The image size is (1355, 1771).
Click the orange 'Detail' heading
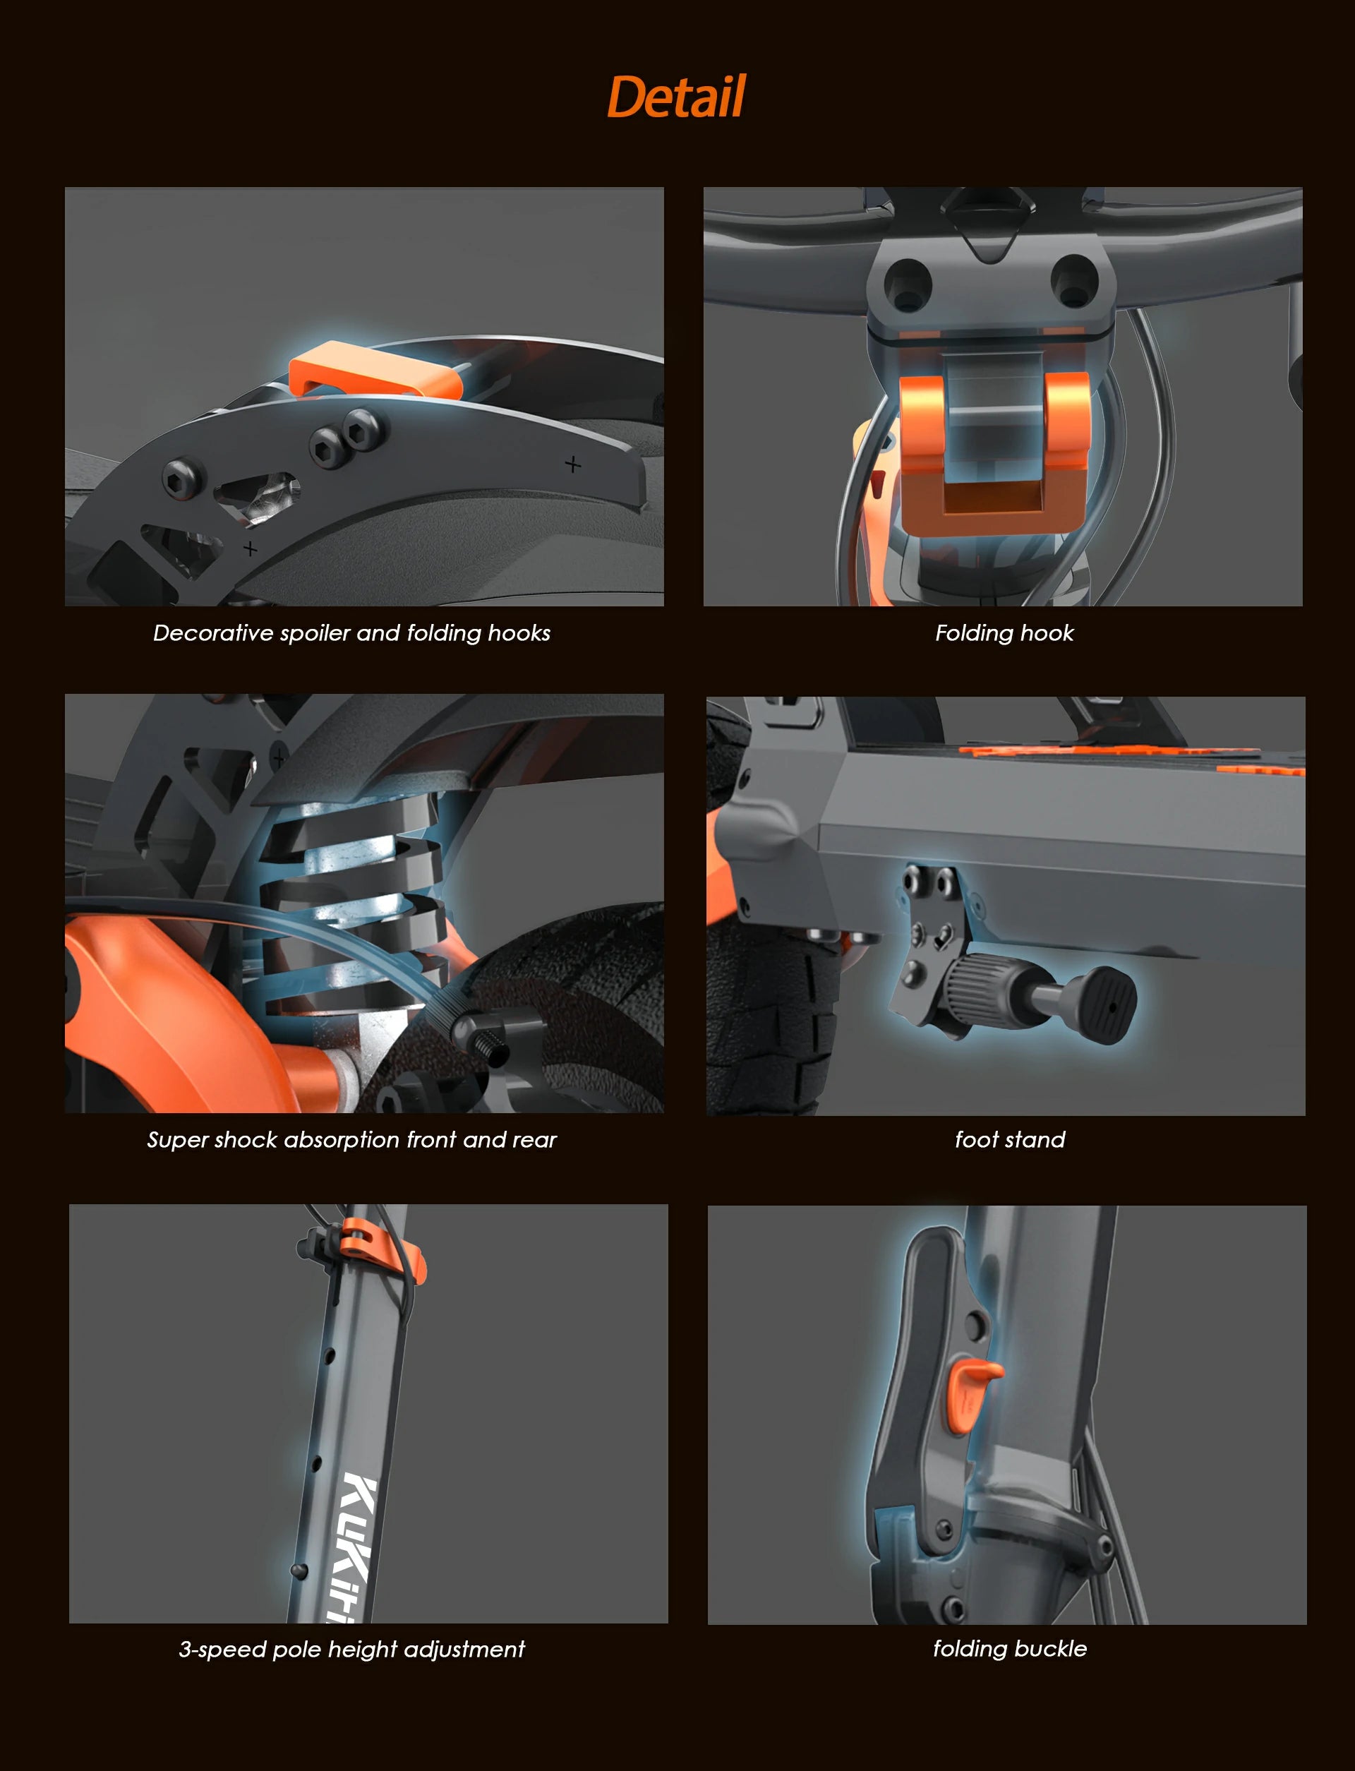[x=676, y=97]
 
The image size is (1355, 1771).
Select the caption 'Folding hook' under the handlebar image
[x=1004, y=633]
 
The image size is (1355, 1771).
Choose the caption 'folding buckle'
[x=1010, y=1648]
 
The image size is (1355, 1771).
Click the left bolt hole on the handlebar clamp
[x=908, y=283]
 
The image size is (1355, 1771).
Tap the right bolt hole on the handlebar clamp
[x=1074, y=280]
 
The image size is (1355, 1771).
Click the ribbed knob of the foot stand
[x=979, y=985]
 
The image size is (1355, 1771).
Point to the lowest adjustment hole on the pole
[x=299, y=1569]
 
